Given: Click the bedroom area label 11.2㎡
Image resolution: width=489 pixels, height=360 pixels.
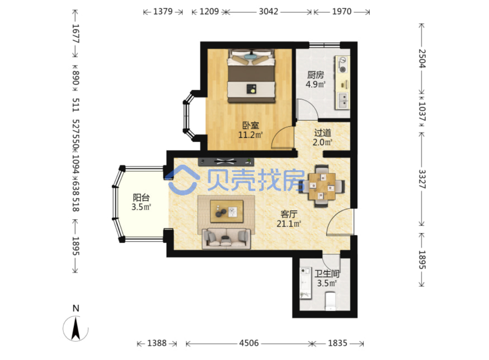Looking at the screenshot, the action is click(x=250, y=135).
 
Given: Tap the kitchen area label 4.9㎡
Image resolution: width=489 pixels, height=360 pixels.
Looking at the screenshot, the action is click(x=316, y=84).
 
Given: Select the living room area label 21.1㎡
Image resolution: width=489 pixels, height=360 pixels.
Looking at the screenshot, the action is click(x=289, y=223).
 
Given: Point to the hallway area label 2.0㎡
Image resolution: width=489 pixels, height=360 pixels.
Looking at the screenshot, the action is click(x=322, y=143).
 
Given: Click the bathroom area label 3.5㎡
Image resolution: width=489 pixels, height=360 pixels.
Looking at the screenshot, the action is click(x=327, y=283).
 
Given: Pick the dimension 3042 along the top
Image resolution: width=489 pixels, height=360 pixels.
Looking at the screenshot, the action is click(x=268, y=12).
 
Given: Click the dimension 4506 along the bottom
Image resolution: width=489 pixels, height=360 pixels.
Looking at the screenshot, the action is click(x=249, y=343).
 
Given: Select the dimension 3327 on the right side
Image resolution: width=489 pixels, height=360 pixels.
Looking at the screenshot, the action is click(x=422, y=179).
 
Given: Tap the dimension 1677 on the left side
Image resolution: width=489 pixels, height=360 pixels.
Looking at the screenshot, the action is click(x=75, y=34).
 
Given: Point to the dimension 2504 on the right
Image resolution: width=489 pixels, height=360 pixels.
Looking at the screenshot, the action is click(x=422, y=58).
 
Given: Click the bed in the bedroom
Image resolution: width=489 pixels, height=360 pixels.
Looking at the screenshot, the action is click(x=251, y=76).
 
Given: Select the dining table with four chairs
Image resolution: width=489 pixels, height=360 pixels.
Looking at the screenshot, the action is click(x=322, y=186).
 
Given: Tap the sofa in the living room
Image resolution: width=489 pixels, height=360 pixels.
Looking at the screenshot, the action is click(x=226, y=238).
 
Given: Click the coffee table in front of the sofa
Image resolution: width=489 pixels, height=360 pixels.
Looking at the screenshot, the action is click(x=227, y=211).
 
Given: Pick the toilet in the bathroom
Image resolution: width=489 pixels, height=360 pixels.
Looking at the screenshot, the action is click(x=330, y=301).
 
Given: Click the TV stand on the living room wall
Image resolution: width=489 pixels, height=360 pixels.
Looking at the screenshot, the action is click(x=226, y=161).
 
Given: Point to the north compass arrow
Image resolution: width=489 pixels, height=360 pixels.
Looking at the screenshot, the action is click(x=75, y=328).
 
